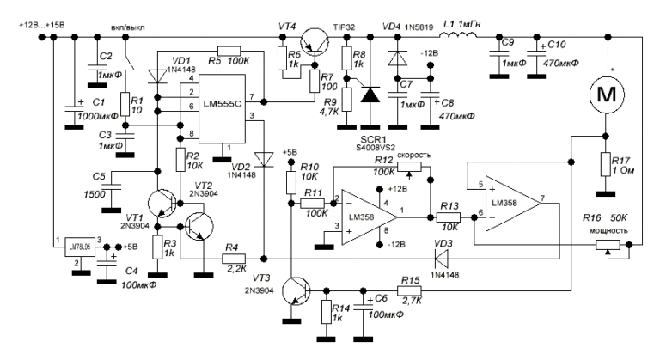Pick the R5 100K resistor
click(232, 49)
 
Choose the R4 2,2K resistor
click(235, 258)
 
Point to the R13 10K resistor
click(447, 217)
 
